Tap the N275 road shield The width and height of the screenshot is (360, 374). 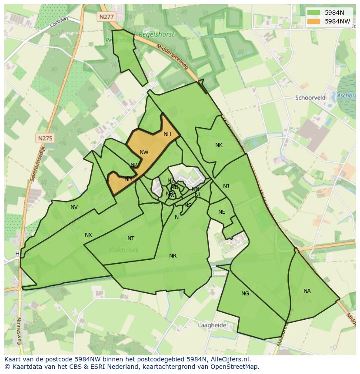45,138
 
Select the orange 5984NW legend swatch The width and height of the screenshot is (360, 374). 313,21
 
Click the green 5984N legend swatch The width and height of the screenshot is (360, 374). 313,13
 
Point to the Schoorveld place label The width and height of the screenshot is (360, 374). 310,98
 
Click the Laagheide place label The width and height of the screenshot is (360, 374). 212,325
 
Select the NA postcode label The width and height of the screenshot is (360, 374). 307,291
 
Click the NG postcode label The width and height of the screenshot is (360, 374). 245,294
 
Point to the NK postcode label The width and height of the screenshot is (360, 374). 219,145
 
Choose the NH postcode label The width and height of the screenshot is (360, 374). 167,134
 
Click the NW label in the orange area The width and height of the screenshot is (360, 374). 144,152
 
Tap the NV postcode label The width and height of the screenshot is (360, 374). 74,207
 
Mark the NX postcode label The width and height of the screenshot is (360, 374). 88,235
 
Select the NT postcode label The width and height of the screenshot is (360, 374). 131,238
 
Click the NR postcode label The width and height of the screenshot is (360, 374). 173,256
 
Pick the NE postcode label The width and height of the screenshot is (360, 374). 222,212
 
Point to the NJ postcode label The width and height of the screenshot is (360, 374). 226,186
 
